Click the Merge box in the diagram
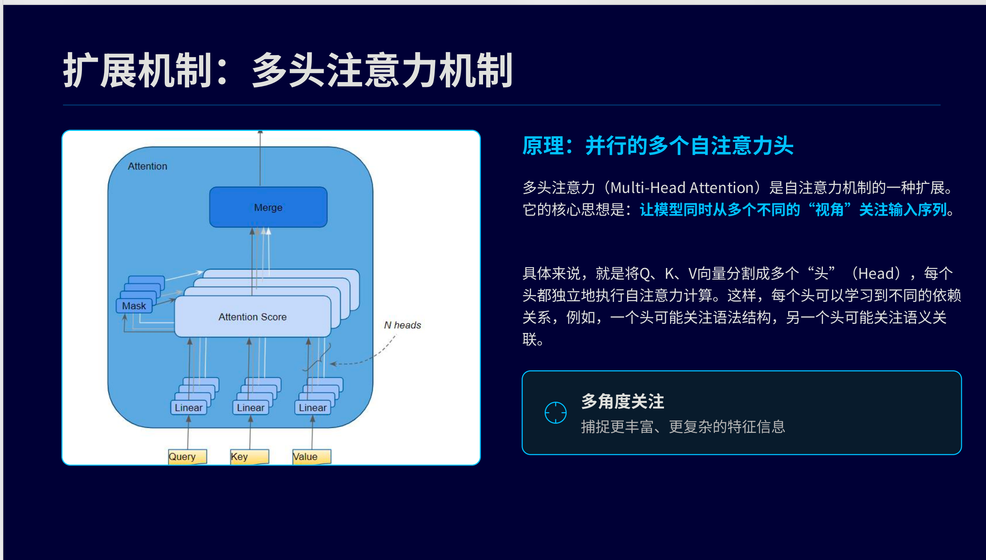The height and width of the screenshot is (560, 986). [268, 207]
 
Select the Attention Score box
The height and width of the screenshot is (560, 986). [253, 317]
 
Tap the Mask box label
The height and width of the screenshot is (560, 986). [134, 306]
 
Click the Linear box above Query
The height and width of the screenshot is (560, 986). [188, 408]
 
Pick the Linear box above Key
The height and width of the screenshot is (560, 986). [250, 408]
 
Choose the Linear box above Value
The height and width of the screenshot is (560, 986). [313, 408]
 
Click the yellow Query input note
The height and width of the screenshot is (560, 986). [187, 456]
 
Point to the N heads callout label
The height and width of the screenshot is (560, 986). [402, 325]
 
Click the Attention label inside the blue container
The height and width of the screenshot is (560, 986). [147, 166]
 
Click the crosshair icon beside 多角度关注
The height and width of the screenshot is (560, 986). [556, 413]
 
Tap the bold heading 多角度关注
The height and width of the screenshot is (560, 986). [623, 401]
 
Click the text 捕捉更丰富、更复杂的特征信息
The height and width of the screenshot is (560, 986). [683, 427]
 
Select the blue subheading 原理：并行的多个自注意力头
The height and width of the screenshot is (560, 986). [658, 146]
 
